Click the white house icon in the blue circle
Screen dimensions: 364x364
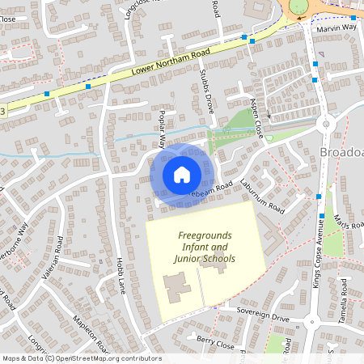click(182, 174)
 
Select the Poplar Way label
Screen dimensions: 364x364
click(163, 128)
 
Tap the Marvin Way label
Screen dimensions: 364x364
click(336, 28)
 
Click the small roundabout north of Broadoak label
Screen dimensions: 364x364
click(327, 124)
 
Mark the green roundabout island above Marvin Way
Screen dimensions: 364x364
click(298, 6)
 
